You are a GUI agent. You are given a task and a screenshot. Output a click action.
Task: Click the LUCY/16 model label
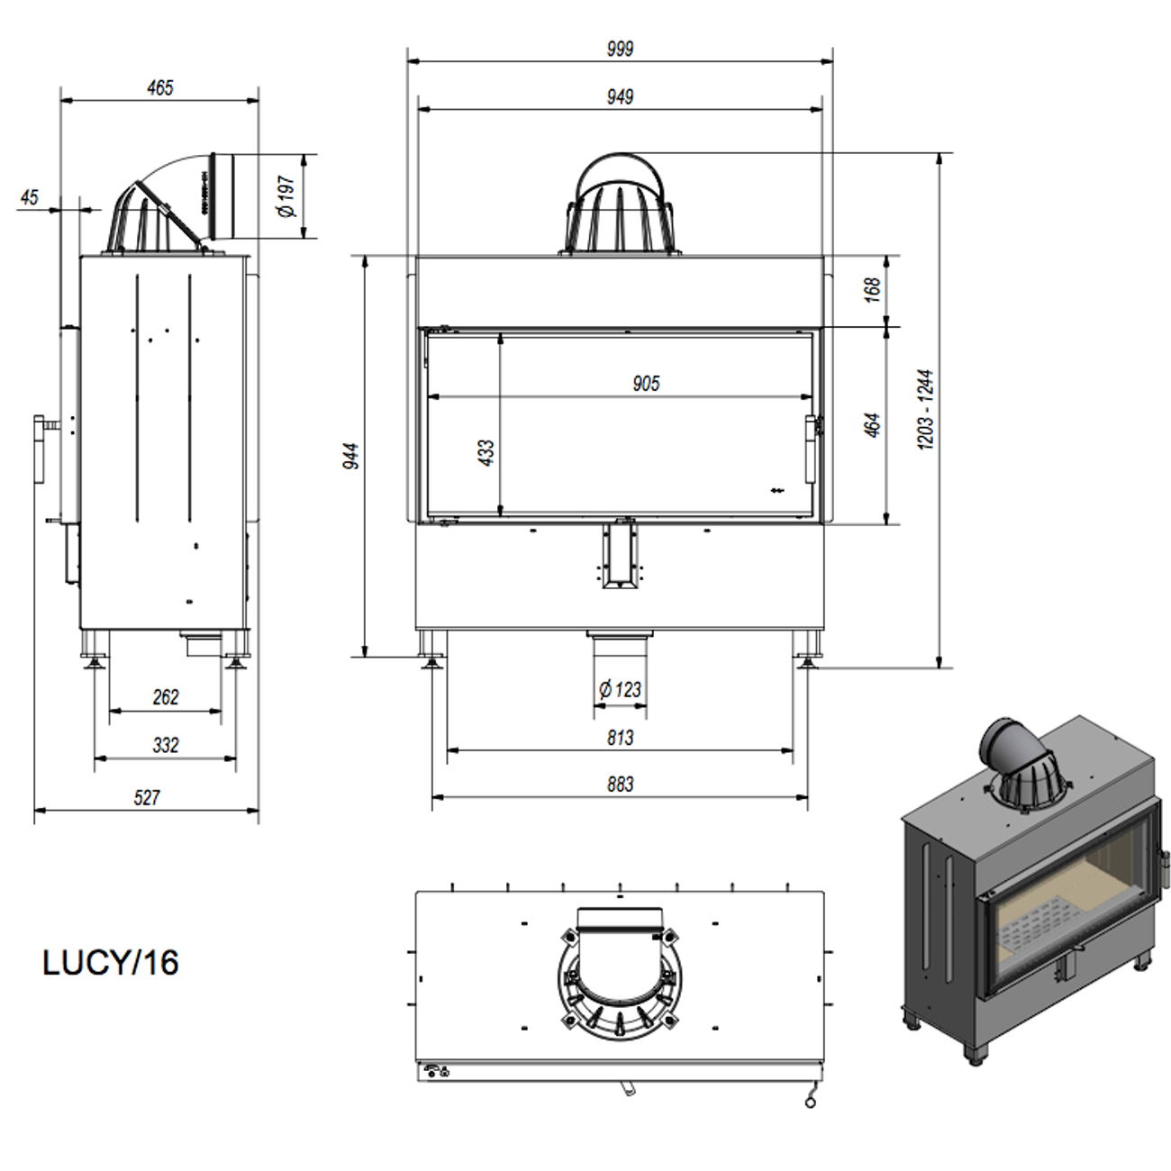click(x=111, y=963)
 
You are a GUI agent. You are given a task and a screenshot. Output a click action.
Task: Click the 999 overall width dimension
click(x=620, y=49)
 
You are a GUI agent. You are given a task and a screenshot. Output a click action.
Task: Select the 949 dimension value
click(x=620, y=96)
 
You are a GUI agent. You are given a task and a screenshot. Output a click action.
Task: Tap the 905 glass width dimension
click(x=645, y=384)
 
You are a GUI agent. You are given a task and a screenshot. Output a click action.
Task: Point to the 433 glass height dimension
click(x=486, y=453)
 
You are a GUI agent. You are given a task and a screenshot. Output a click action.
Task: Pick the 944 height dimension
click(x=351, y=456)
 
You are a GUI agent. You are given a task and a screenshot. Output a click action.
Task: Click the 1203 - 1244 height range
click(x=925, y=409)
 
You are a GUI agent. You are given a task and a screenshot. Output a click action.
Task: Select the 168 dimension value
click(x=872, y=290)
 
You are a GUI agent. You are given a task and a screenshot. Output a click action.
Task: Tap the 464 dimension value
click(x=872, y=425)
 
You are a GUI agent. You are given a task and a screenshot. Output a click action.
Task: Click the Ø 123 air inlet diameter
click(x=620, y=690)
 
